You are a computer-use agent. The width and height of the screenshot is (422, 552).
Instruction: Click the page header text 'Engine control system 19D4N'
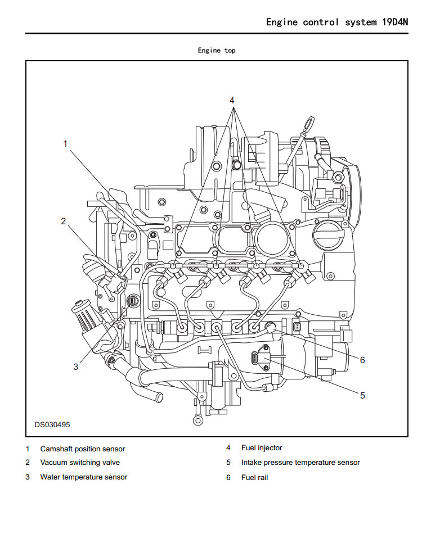click(337, 22)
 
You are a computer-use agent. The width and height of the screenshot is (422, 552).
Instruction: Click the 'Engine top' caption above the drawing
click(217, 51)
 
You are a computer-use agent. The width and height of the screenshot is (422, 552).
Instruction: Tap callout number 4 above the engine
click(232, 101)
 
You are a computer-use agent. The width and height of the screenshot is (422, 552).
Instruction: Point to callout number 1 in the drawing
click(65, 144)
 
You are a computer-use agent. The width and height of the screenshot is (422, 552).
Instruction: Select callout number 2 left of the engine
click(64, 221)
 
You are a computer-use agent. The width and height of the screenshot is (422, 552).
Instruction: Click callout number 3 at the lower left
click(76, 367)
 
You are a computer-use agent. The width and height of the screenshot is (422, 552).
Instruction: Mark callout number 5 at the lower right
click(362, 395)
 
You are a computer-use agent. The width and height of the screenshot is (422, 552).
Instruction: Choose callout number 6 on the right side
click(362, 360)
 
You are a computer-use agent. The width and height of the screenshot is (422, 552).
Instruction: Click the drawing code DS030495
click(52, 425)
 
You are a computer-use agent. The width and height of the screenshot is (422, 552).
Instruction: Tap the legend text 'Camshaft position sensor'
click(83, 449)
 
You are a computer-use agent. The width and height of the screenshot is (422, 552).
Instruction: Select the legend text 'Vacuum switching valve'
click(80, 463)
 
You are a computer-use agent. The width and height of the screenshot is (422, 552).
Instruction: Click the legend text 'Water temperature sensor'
click(84, 477)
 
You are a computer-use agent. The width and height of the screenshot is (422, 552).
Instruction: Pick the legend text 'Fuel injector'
click(262, 448)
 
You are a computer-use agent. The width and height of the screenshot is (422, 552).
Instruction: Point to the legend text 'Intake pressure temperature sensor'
click(300, 463)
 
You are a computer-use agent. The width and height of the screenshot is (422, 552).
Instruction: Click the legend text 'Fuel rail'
click(255, 477)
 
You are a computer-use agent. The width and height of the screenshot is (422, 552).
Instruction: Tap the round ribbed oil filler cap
click(327, 234)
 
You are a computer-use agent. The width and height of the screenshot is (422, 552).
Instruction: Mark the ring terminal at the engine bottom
click(197, 419)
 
